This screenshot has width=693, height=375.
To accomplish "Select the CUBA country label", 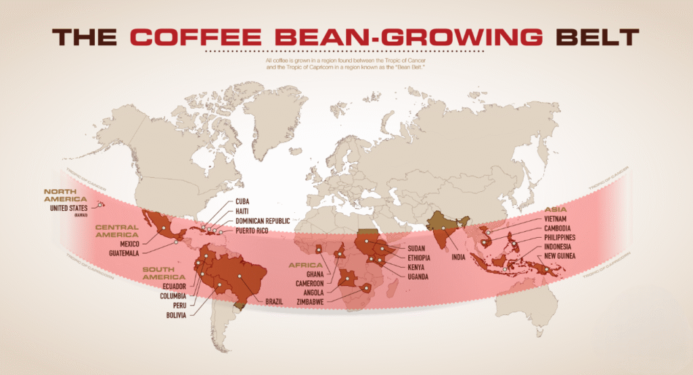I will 243,201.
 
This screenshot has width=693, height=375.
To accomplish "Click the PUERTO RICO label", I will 253,230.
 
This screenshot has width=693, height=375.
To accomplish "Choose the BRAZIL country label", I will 274,301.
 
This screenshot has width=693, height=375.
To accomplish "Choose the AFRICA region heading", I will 304,265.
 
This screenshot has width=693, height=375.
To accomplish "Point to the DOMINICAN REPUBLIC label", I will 263,221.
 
